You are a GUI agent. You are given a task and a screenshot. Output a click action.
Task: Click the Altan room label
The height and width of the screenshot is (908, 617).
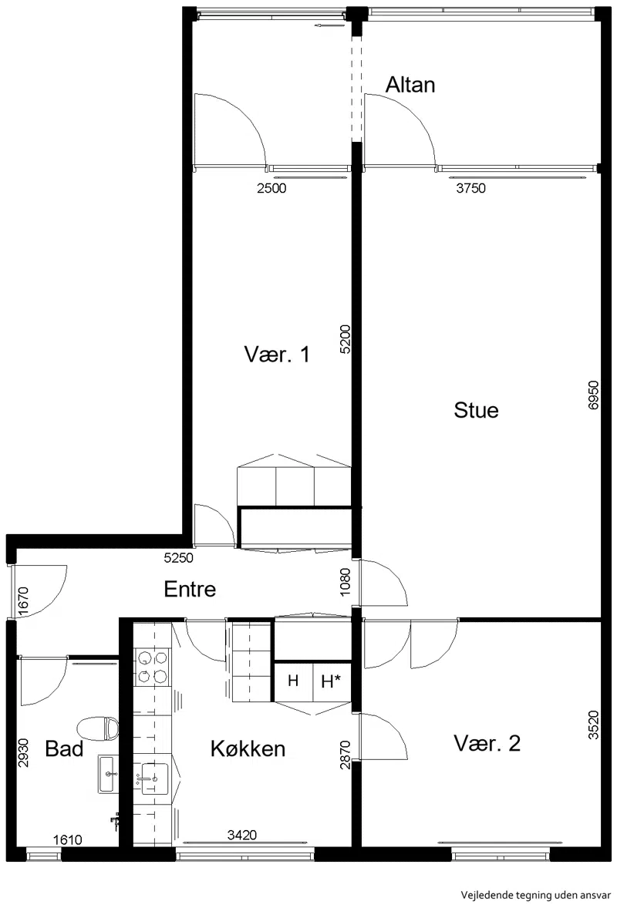410,85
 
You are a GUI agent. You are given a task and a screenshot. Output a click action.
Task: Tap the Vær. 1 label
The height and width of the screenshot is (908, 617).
277,355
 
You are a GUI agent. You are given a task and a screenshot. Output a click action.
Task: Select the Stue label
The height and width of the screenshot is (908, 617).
476,410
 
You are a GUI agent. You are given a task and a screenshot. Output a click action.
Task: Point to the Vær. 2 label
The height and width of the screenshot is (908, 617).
487,743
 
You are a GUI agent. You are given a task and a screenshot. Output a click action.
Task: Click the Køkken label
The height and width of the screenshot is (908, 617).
248,748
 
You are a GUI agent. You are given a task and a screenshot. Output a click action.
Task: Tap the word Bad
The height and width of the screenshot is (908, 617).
64,748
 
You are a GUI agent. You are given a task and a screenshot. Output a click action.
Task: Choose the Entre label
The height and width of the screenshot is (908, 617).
190,589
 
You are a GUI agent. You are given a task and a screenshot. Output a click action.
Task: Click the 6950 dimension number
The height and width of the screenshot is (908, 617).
593,395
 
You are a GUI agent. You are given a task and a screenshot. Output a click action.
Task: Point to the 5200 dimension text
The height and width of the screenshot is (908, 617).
345,340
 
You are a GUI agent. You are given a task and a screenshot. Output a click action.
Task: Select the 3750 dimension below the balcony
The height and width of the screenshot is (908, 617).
471,188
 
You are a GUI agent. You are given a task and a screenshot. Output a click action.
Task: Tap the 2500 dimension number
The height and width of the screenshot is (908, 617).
271,188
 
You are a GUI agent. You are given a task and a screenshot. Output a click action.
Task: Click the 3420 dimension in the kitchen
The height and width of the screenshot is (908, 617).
242,835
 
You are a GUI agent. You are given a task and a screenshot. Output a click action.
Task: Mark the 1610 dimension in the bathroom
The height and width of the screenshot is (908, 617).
68,839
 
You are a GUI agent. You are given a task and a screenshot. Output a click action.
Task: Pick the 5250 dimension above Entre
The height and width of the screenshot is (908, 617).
178,558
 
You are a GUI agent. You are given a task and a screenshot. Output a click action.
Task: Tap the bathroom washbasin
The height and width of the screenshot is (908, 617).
108,774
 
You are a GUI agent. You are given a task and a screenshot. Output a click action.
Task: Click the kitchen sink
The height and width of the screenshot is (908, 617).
154,779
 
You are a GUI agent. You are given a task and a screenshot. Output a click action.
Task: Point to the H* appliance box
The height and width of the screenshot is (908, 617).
332,681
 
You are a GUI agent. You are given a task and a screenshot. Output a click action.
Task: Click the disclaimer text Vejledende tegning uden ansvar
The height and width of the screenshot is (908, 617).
536,895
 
